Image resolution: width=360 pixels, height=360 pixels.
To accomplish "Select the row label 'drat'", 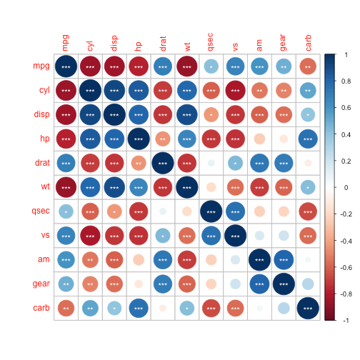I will pos(40,164).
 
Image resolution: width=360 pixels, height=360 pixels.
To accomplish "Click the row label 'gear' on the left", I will pos(39,285).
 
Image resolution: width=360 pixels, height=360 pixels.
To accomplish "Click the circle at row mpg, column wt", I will pos(186,66).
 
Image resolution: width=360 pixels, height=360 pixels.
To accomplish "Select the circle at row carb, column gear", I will pos(284,309).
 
